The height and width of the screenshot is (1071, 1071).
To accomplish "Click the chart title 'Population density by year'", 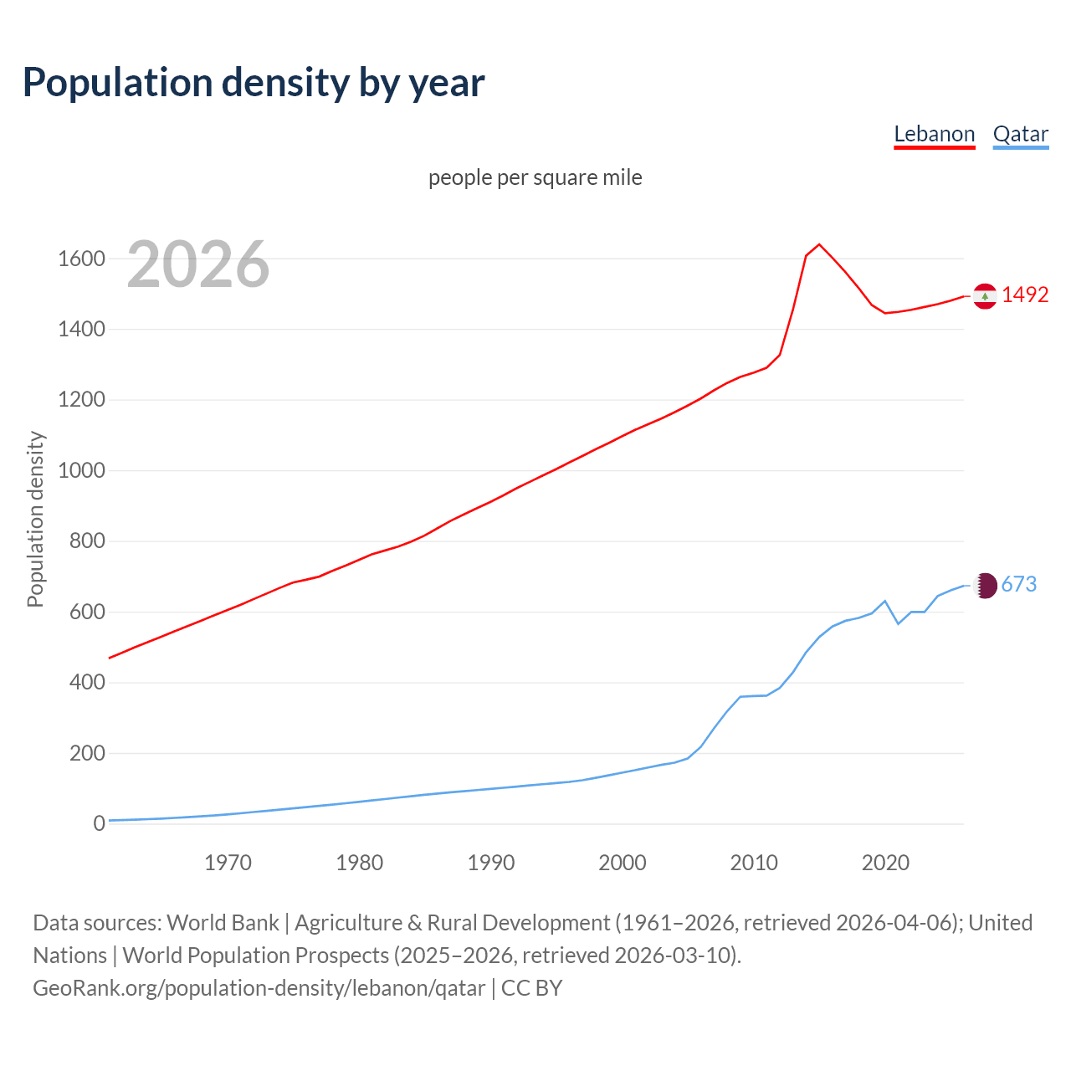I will [254, 83].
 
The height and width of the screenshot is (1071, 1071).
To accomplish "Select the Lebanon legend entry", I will [934, 134].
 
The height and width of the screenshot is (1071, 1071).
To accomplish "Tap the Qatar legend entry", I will [1020, 134].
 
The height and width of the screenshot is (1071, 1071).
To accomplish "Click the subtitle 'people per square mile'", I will [535, 177].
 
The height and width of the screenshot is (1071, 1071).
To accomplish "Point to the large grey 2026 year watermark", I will [198, 264].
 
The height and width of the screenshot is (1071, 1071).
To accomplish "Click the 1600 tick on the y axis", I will [81, 259].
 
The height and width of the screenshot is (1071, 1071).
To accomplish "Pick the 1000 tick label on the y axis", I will [81, 470].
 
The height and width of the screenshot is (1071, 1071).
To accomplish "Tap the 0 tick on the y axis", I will [99, 823].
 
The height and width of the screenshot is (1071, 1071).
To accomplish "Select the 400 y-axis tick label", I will [87, 683].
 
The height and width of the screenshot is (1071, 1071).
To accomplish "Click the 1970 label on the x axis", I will [228, 863].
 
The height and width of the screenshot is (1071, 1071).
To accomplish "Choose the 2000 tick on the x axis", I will [622, 863].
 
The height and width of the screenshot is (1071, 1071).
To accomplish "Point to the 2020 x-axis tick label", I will [885, 863].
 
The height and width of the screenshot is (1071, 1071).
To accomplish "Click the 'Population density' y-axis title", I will [35, 519].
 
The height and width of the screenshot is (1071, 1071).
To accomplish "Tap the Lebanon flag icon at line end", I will [985, 296].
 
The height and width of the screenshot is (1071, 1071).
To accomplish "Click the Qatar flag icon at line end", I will [985, 586].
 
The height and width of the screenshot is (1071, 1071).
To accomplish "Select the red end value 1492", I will [1025, 295].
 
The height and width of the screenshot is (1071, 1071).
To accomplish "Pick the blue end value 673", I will [1018, 584].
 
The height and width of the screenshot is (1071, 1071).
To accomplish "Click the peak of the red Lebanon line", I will [819, 244].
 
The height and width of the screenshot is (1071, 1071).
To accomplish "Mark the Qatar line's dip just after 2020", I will [898, 623].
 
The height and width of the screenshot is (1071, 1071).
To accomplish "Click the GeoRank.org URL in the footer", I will [259, 988].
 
